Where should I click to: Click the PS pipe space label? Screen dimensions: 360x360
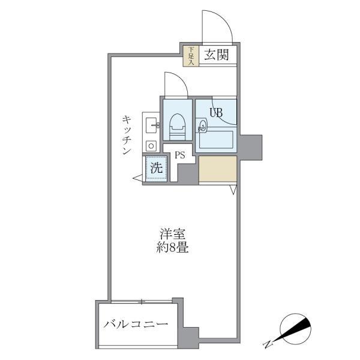179,155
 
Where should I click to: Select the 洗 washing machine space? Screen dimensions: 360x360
156,169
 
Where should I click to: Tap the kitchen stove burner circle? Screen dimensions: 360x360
150,145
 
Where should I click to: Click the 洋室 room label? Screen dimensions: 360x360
172,233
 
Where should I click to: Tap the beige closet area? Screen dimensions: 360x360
217,170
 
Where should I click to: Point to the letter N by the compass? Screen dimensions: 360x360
267,344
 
